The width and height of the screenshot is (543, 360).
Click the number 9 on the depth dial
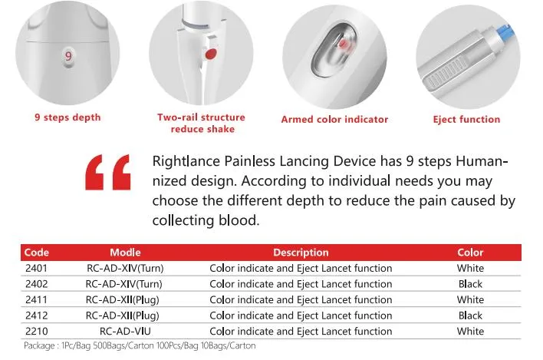68,56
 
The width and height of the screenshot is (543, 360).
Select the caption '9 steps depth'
67,117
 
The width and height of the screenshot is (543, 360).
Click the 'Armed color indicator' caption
334,119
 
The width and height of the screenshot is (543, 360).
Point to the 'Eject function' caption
466,119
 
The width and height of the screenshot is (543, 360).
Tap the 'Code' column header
37,253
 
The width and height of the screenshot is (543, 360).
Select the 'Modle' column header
125,253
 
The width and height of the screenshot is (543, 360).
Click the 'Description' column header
301,253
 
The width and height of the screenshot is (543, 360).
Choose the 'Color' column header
470,253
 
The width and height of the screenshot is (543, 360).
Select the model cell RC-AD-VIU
125,331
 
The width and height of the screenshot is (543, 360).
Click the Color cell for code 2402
470,284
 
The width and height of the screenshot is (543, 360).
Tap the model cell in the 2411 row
125,299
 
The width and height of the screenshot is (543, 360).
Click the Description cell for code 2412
301,315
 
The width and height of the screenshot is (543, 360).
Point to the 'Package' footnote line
140,345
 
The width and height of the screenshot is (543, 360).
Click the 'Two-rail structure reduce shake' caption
201,123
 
